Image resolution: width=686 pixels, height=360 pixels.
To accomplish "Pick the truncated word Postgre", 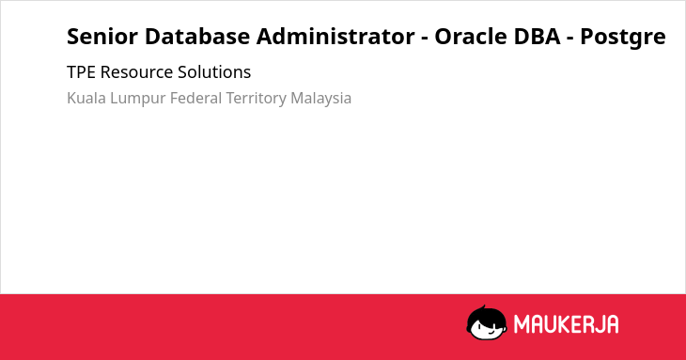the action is (623, 38).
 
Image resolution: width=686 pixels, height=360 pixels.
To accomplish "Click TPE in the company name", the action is (81, 72).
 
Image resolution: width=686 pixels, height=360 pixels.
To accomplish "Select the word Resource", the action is (136, 72).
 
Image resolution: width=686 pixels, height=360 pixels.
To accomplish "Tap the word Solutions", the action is (214, 72).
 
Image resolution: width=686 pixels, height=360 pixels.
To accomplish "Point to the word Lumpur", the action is (138, 99).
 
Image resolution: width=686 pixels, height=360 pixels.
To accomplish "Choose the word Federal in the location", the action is (196, 98).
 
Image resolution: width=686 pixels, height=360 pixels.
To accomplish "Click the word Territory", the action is (257, 99).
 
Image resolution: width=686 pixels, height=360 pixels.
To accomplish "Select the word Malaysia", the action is (321, 99).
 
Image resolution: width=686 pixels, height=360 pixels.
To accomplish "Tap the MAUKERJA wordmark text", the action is (566, 324).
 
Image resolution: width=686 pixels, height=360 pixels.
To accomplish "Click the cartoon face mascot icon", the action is (487, 322).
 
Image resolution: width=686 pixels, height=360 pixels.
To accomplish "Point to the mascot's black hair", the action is (486, 315).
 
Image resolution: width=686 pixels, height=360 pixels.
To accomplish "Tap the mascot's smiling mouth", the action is (490, 332).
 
